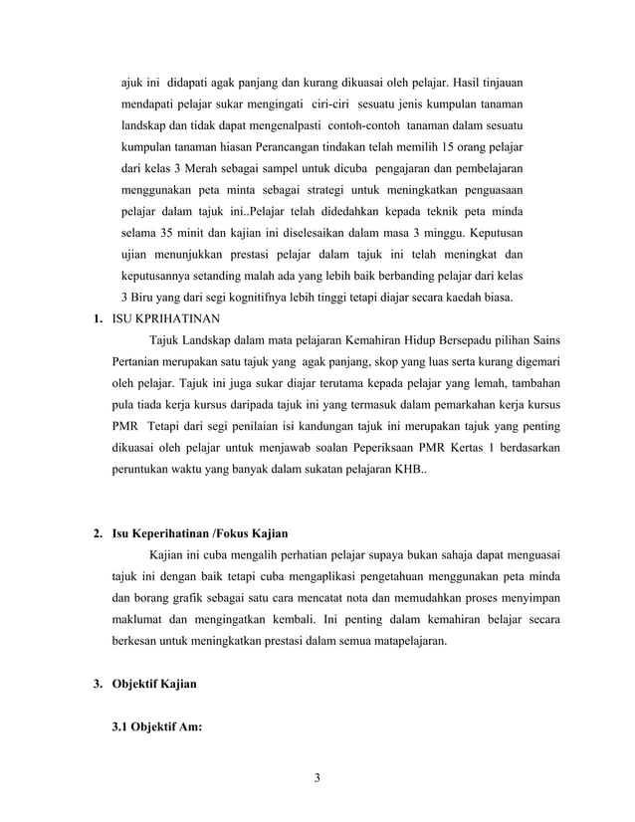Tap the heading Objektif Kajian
[x=154, y=685]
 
